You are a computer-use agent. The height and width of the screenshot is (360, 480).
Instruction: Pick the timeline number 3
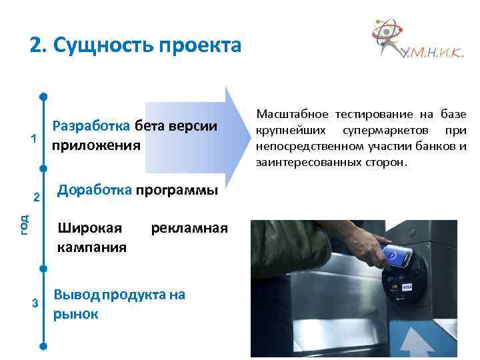click(35, 304)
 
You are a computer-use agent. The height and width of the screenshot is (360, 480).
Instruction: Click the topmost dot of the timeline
click(43, 96)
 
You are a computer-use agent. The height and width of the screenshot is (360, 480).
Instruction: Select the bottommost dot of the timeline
click(43, 347)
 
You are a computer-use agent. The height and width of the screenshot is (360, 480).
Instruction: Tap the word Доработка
click(95, 190)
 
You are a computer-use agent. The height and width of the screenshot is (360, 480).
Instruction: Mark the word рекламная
click(189, 228)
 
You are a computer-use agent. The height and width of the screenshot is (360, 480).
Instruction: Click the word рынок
click(75, 313)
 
